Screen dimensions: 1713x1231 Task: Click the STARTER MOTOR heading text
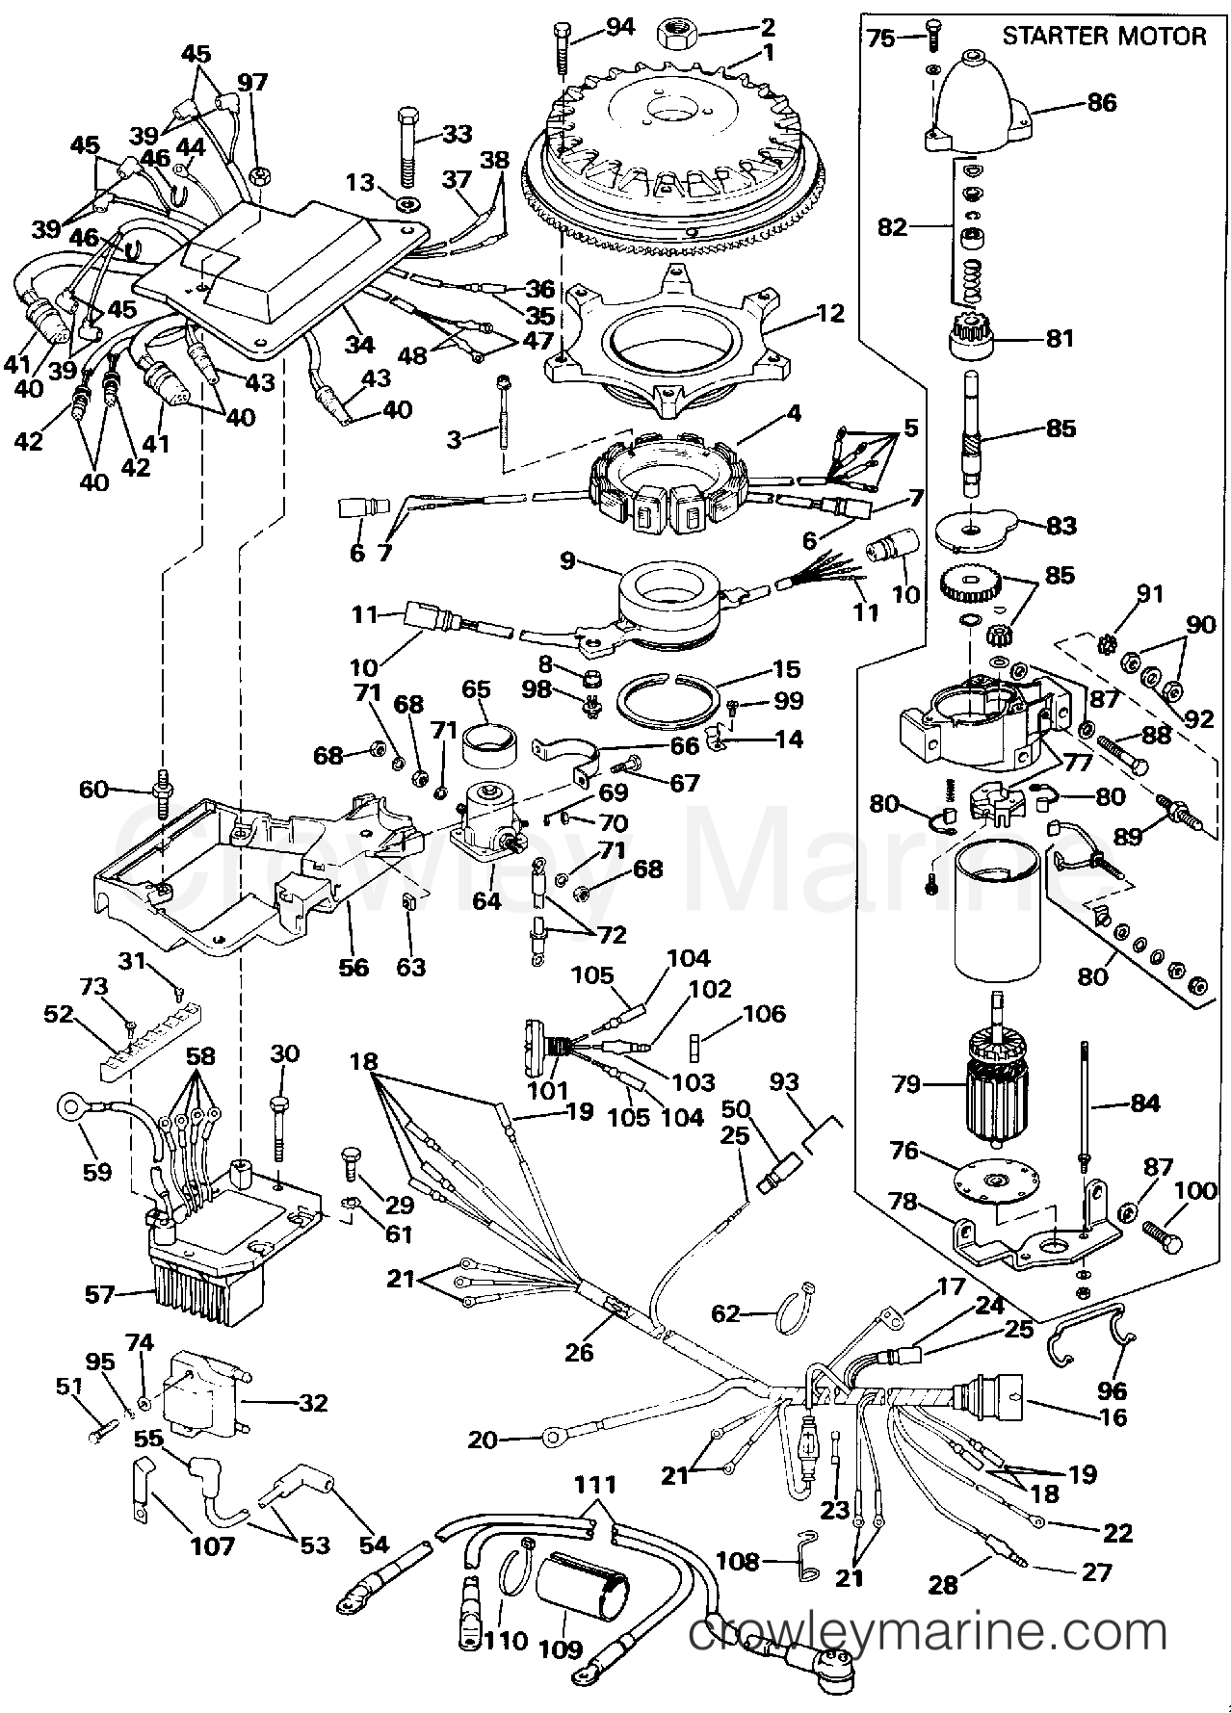pyautogui.click(x=1104, y=37)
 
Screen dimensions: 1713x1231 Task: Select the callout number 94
pyautogui.click(x=619, y=26)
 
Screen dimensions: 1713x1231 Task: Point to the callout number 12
pyautogui.click(x=829, y=313)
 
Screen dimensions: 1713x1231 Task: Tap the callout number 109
pyautogui.click(x=563, y=1649)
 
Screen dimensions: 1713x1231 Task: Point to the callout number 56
pyautogui.click(x=354, y=966)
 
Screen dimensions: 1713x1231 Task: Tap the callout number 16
pyautogui.click(x=1113, y=1417)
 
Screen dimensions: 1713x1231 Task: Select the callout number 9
pyautogui.click(x=568, y=558)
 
